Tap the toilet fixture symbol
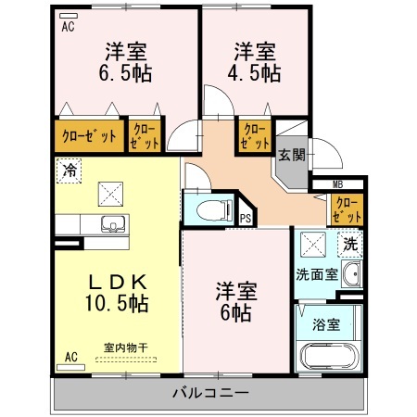[x=214, y=210]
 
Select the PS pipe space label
[x=246, y=219]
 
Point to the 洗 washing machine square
[x=350, y=245]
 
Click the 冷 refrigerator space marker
[x=69, y=171]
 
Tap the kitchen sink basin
[x=113, y=224]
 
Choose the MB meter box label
[x=337, y=185]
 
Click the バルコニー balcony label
[x=210, y=393]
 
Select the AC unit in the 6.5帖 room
[x=69, y=16]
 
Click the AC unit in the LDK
[x=70, y=367]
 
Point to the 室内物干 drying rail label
[x=126, y=348]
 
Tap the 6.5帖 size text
[x=125, y=73]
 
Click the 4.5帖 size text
[x=254, y=73]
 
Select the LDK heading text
[x=118, y=282]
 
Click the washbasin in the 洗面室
[x=351, y=274]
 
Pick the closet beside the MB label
[x=347, y=210]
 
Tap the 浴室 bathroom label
[x=326, y=325]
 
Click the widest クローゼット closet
[x=90, y=136]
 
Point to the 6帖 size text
[x=235, y=313]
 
